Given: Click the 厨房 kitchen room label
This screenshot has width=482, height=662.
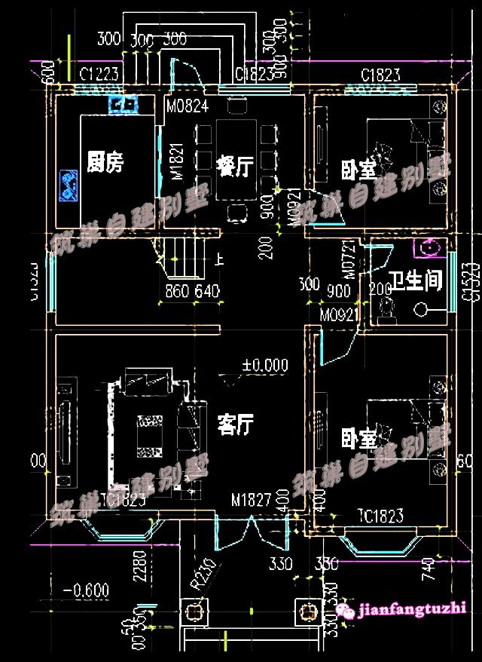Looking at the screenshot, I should (x=105, y=162).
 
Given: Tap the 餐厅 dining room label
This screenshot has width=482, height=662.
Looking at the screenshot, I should (x=233, y=166).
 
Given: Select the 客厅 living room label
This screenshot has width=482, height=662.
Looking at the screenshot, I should (x=235, y=424).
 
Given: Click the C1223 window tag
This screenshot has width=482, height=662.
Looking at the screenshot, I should (x=101, y=74).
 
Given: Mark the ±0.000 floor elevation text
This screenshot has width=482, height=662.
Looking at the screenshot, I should (x=264, y=366).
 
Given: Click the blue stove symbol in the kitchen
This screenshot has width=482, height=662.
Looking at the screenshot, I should (x=70, y=185).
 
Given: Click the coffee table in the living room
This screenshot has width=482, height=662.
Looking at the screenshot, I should (x=148, y=436).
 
